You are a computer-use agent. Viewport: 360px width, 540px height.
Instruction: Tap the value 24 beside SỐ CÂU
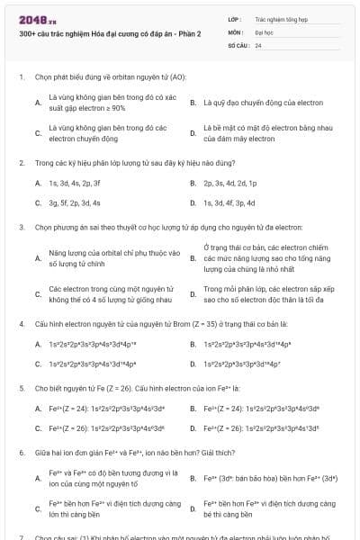point(258,44)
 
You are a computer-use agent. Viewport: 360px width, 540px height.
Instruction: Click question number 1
point(21,76)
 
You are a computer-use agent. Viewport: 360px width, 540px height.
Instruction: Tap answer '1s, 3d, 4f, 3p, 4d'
point(229,202)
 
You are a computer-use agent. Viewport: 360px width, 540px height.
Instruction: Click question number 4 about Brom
point(21,322)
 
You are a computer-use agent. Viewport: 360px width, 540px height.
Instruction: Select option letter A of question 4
point(38,344)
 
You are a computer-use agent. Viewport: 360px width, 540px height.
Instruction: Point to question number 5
point(21,387)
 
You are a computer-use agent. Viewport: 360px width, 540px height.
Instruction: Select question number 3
point(21,228)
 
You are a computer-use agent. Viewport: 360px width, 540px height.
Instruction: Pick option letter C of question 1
point(38,133)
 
